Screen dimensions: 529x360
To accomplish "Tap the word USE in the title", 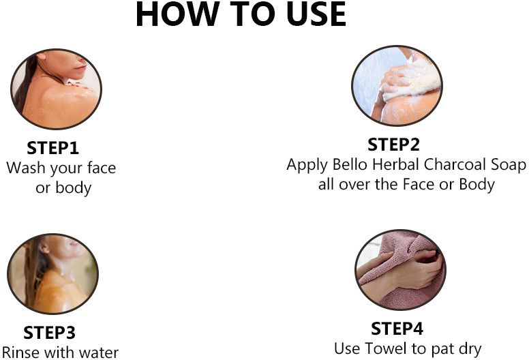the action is [316, 14].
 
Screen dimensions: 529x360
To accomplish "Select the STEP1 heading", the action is [52, 148].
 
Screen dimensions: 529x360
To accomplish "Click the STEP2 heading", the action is [393, 145].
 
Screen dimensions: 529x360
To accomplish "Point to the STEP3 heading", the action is [49, 333].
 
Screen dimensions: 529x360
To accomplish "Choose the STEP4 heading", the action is [397, 329].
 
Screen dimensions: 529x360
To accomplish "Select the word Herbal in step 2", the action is [395, 164].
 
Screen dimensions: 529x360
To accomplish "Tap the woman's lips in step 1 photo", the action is [80, 67].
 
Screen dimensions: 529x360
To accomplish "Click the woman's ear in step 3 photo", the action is [44, 247].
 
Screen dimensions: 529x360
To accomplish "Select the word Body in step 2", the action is [477, 185].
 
